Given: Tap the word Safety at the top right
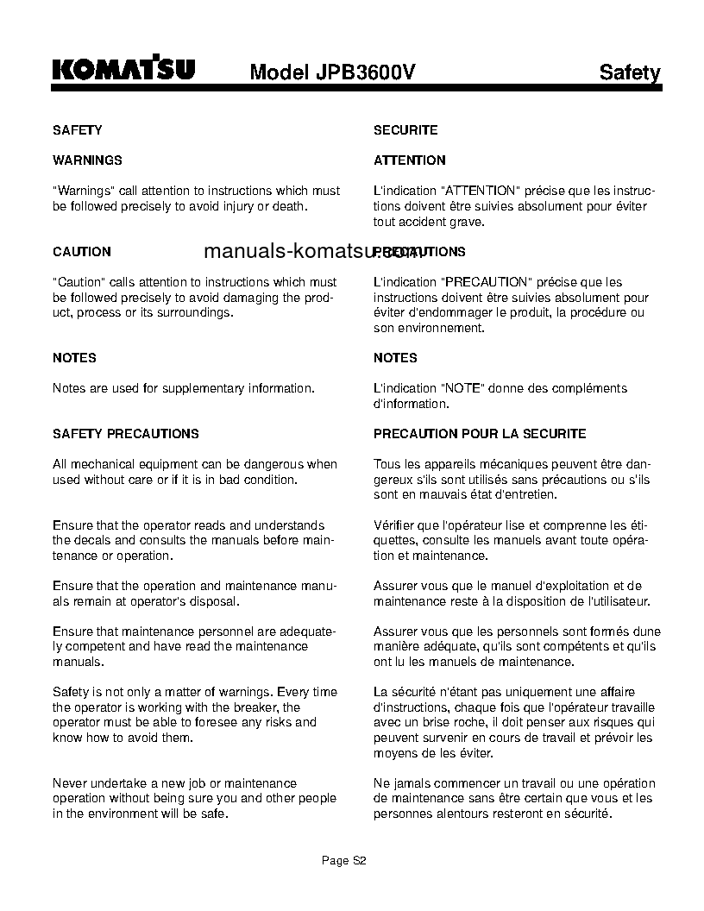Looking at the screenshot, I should [x=629, y=73].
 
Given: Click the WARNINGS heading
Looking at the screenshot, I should [x=87, y=160].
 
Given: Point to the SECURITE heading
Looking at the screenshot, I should [x=405, y=130].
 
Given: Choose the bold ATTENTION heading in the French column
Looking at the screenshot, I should [x=409, y=160].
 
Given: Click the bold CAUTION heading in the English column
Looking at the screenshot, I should [x=81, y=252].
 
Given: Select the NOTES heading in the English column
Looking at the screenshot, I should [x=74, y=358].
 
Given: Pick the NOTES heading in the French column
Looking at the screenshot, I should [x=395, y=358].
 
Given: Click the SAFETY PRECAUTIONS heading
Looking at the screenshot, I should [x=125, y=434].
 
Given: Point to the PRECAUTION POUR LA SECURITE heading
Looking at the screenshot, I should [x=479, y=434].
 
